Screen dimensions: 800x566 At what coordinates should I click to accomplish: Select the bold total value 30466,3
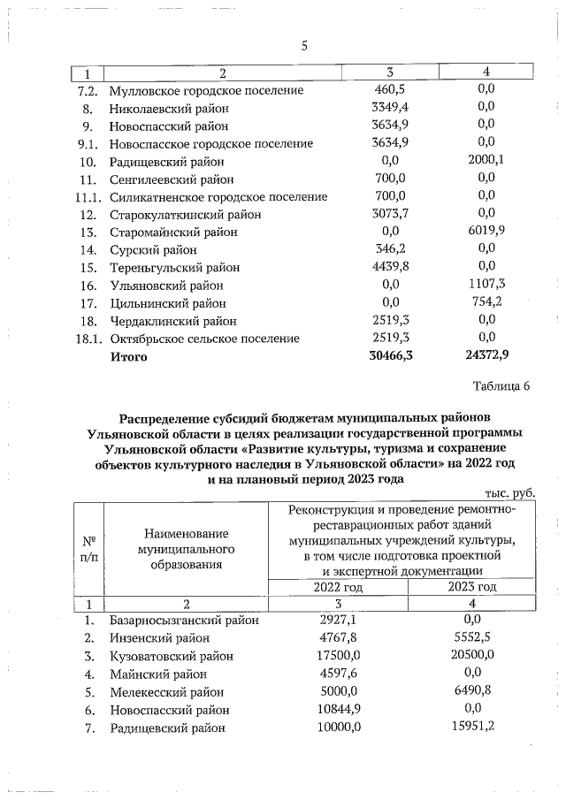390,357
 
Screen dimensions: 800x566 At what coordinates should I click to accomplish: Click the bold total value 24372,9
486,357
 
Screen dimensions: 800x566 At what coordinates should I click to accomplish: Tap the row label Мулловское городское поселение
206,90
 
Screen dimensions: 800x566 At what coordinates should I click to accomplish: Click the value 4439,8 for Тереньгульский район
390,268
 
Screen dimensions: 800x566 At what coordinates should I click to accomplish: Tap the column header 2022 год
338,587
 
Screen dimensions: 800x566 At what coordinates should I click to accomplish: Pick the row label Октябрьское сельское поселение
204,339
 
